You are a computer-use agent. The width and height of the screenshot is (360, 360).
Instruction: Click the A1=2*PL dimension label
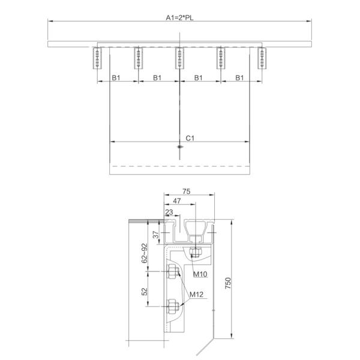179,17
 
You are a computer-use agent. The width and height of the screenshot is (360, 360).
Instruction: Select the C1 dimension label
189,138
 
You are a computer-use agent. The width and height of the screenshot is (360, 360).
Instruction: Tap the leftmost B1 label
118,77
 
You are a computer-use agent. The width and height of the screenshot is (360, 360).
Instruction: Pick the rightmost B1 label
239,77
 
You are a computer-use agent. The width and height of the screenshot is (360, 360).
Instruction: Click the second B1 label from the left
158,77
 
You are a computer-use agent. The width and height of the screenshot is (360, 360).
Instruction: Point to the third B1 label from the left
199,77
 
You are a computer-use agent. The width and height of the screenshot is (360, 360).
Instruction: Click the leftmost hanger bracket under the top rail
98,58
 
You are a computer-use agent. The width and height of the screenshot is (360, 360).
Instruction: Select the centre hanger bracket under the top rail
179,58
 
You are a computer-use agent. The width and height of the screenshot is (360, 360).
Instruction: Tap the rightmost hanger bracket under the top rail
261,58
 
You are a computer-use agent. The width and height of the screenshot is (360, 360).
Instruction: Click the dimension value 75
186,191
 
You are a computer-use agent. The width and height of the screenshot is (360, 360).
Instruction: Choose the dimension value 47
178,202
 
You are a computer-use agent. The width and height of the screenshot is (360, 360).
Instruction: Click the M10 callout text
200,274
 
